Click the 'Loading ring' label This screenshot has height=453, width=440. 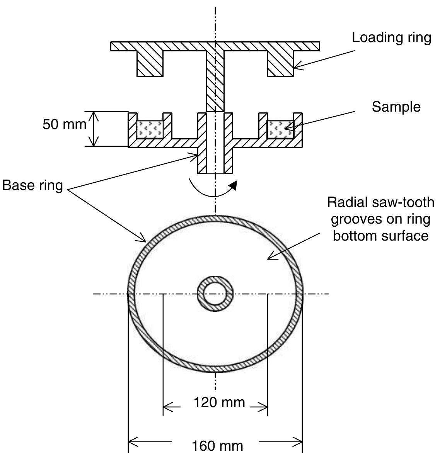click(391, 38)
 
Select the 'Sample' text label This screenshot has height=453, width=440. click(396, 107)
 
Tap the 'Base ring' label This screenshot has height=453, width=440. click(32, 185)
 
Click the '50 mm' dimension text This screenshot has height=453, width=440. click(64, 125)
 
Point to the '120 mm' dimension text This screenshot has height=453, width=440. click(219, 402)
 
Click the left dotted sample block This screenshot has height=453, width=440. click(150, 129)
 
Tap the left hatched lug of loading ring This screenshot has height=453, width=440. click(150, 63)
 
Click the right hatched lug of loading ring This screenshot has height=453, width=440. click(280, 63)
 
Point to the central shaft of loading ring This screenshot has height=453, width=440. click(215, 81)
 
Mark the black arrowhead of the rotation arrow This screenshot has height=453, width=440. click(233, 186)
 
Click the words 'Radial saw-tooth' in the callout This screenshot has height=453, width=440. click(380, 202)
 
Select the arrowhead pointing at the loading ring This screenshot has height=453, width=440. click(297, 68)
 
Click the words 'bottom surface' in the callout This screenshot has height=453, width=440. click(380, 236)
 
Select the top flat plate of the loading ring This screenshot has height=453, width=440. click(215, 46)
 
